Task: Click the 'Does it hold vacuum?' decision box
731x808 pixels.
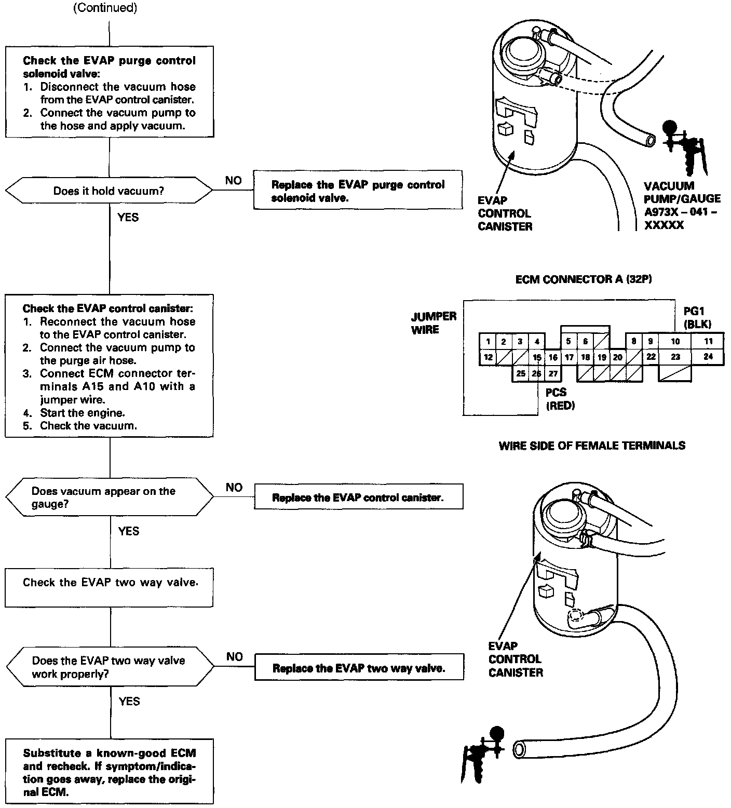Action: (x=109, y=191)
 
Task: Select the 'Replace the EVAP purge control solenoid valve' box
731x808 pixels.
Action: (x=358, y=191)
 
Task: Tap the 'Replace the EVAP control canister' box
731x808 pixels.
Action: (x=358, y=497)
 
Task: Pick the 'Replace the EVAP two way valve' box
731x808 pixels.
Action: (x=359, y=668)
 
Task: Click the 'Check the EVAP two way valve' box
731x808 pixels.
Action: (x=110, y=588)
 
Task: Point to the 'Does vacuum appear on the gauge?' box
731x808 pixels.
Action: (x=109, y=497)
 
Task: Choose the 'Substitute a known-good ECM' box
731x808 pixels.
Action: (x=110, y=772)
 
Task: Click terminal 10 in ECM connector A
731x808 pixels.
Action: (x=675, y=341)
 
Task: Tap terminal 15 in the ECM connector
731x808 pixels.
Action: (x=537, y=357)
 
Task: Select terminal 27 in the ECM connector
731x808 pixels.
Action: (x=553, y=373)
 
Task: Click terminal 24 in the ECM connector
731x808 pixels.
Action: (x=708, y=357)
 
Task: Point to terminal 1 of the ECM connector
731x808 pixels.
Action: (x=488, y=341)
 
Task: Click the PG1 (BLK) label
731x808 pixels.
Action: (x=697, y=318)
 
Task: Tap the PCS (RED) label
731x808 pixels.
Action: (x=559, y=399)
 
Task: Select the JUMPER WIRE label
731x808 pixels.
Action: (x=434, y=322)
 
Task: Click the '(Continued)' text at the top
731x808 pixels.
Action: (x=105, y=9)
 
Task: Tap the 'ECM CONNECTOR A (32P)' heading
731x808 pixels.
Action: (x=584, y=279)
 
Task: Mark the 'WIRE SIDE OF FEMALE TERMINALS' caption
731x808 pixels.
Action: (x=592, y=446)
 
